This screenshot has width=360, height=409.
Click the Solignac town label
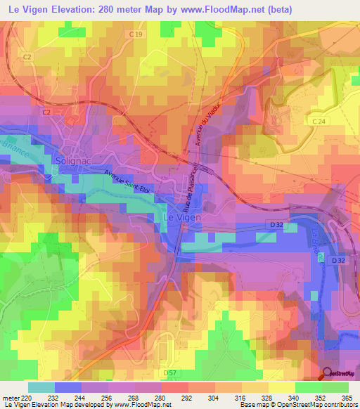[68, 161]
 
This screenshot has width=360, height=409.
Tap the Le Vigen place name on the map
[183, 218]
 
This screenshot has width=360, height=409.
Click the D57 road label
[169, 372]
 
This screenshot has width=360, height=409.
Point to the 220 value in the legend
[28, 398]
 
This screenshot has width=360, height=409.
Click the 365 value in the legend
[347, 398]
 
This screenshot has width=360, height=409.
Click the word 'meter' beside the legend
[11, 398]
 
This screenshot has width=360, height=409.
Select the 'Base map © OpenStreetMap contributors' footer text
[297, 405]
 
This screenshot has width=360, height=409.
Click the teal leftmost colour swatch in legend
[41, 387]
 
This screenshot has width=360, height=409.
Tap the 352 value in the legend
[320, 398]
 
